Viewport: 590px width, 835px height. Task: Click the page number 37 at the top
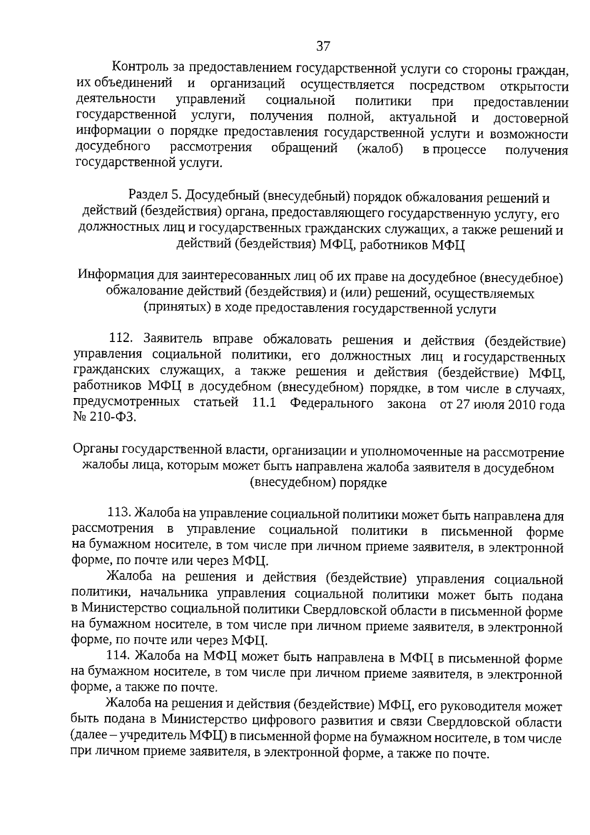tap(323, 46)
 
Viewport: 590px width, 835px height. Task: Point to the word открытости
tap(534, 87)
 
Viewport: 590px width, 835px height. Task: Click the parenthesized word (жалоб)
tap(380, 149)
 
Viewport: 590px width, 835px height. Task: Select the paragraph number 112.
tap(120, 339)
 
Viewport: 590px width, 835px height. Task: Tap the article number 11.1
tap(263, 403)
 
